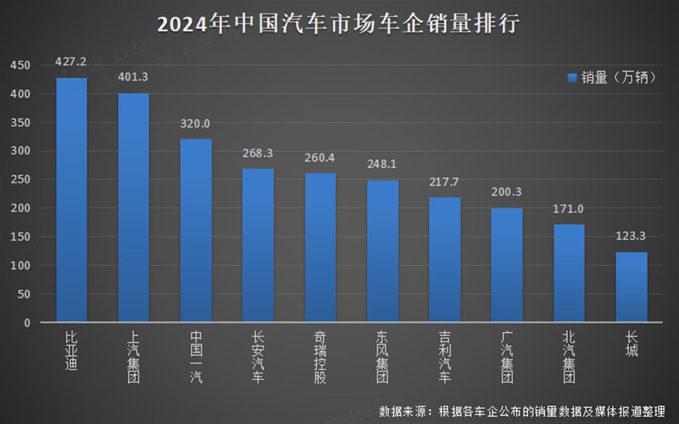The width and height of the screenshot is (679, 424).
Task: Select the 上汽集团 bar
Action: click(x=134, y=208)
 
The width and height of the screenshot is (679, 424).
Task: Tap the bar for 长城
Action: click(x=631, y=287)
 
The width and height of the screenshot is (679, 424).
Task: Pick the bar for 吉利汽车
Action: click(x=445, y=260)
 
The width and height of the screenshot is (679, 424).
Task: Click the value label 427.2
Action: click(x=71, y=61)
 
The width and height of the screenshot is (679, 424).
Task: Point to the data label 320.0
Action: click(x=196, y=123)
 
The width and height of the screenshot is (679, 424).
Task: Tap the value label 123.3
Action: click(x=631, y=236)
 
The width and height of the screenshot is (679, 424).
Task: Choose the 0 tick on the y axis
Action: click(x=27, y=323)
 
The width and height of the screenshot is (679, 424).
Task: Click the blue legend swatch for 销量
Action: click(x=571, y=78)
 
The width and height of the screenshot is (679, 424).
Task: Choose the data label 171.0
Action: click(x=569, y=209)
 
